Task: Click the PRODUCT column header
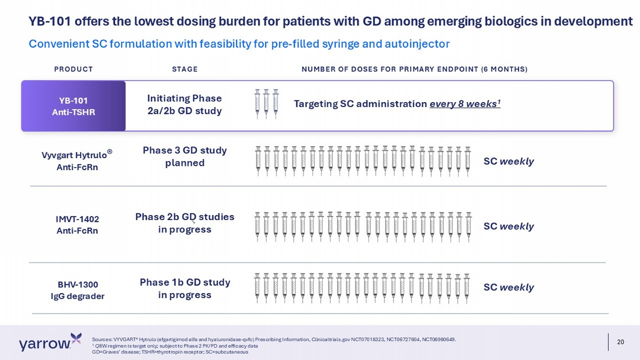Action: [x=73, y=69]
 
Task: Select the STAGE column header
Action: [x=185, y=69]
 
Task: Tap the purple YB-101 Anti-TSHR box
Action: [x=73, y=106]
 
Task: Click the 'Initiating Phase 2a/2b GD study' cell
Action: [x=185, y=105]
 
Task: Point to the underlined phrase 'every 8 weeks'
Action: [x=465, y=104]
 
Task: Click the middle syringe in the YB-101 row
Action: [x=266, y=104]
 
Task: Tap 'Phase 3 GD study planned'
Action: [x=185, y=157]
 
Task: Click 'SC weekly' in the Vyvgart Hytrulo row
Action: [x=509, y=161]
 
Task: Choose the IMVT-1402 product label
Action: [x=77, y=225]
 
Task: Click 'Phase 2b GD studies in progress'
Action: [x=185, y=223]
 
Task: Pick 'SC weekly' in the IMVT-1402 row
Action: [x=509, y=226]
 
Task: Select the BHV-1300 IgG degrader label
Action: [x=78, y=290]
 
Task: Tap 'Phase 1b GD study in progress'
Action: [x=185, y=289]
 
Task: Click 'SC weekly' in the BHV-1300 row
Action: [x=509, y=287]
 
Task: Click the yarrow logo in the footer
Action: [x=50, y=342]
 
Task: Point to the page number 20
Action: [x=620, y=342]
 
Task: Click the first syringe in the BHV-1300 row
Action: [x=257, y=288]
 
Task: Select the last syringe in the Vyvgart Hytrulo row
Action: [x=468, y=161]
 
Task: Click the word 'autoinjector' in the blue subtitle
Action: [x=417, y=44]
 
